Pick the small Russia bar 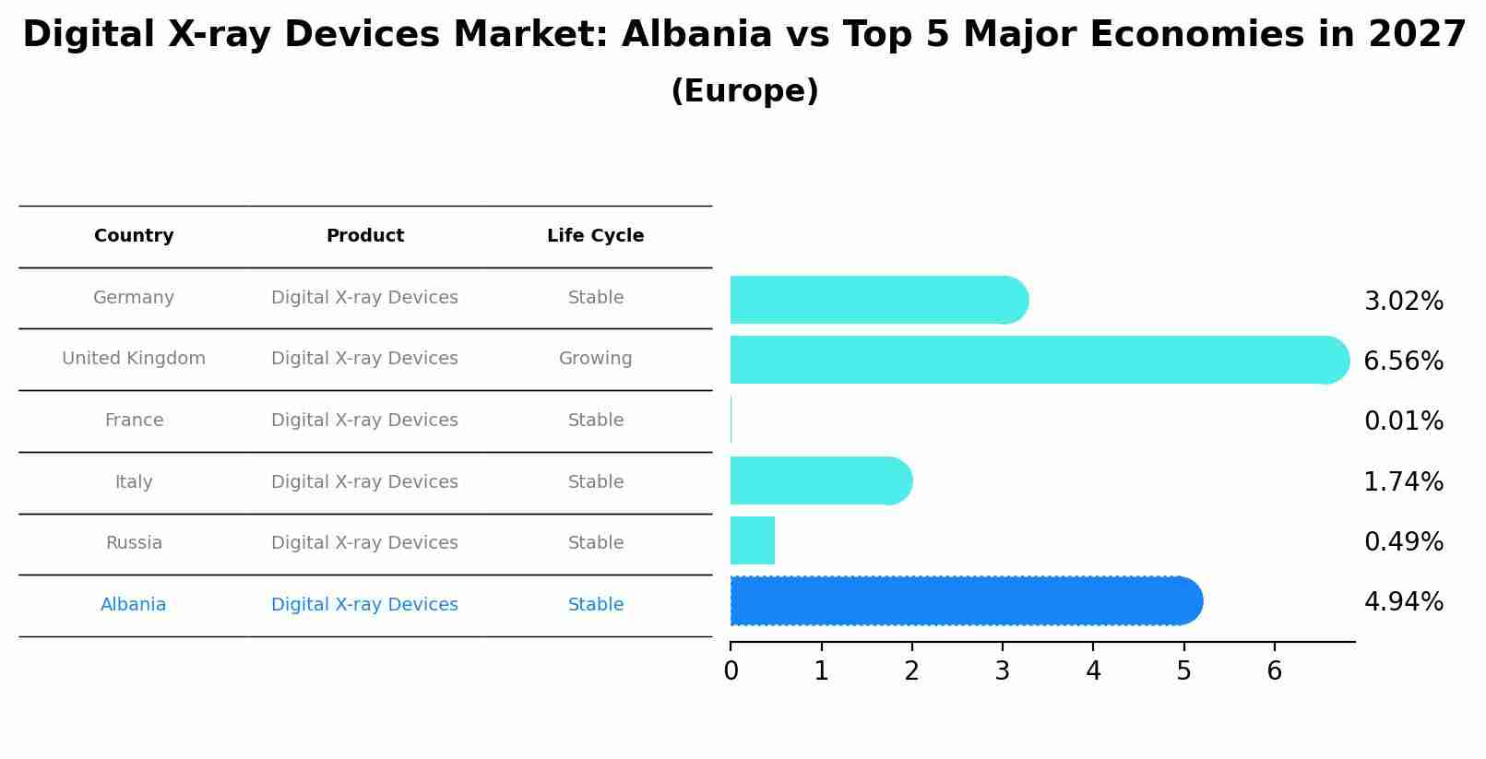[753, 540]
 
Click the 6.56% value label [1403, 361]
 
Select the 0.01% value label [1403, 421]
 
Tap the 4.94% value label [1403, 602]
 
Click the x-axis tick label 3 [1003, 671]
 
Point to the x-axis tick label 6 [1274, 671]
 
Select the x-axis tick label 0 [731, 671]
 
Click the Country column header [134, 236]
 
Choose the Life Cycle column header [595, 236]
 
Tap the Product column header [364, 236]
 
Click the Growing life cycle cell [595, 359]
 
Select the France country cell [134, 421]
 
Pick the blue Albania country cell [134, 605]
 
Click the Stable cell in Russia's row [595, 543]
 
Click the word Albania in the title [696, 35]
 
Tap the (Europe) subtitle [744, 91]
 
